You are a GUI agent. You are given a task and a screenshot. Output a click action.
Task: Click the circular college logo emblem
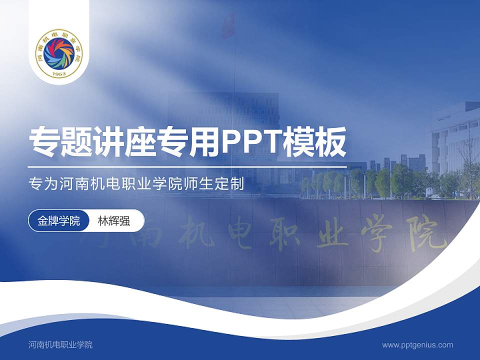[x=59, y=53]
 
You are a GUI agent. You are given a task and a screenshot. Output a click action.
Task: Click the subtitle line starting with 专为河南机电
[x=136, y=184]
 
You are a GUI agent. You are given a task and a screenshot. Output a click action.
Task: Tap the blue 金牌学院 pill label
[x=58, y=220]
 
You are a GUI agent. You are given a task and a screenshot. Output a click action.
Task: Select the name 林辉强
[x=114, y=221]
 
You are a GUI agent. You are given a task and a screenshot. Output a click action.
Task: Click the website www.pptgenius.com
[x=417, y=344]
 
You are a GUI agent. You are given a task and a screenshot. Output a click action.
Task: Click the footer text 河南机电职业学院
[x=60, y=344]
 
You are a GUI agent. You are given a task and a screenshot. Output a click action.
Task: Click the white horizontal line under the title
[x=187, y=166]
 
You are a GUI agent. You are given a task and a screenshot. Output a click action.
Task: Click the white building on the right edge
[x=452, y=135]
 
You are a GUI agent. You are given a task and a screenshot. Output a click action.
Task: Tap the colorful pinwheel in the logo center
[x=59, y=52]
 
